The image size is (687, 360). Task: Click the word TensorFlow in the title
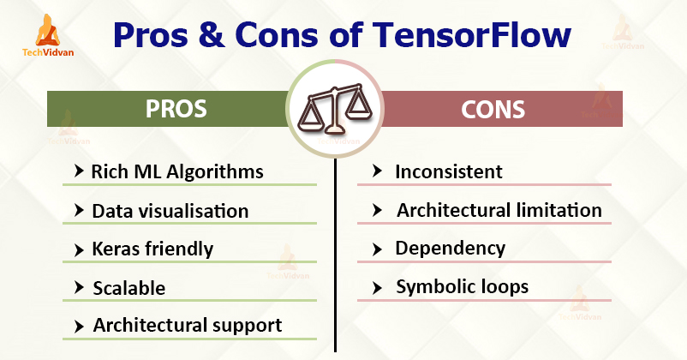pyautogui.click(x=472, y=34)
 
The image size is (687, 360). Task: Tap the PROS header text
pyautogui.click(x=176, y=109)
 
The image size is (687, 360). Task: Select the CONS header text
pyautogui.click(x=493, y=110)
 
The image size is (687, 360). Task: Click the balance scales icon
pyautogui.click(x=335, y=108)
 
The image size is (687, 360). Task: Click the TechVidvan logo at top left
pyautogui.click(x=48, y=35)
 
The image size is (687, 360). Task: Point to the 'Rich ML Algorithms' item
pyautogui.click(x=177, y=171)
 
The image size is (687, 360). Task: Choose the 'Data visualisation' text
pyautogui.click(x=170, y=211)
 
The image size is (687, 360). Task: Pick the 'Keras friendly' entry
pyautogui.click(x=152, y=249)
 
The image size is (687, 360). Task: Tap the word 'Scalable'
pyautogui.click(x=129, y=288)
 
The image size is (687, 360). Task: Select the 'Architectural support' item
pyautogui.click(x=188, y=326)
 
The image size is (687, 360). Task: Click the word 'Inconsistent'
pyautogui.click(x=449, y=171)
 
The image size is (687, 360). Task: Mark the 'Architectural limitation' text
pyautogui.click(x=499, y=210)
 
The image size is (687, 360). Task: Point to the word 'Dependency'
pyautogui.click(x=450, y=249)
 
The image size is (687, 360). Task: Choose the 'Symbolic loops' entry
pyautogui.click(x=463, y=287)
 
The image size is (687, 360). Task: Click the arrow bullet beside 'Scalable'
pyautogui.click(x=79, y=288)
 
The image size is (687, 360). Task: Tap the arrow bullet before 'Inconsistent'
pyautogui.click(x=377, y=171)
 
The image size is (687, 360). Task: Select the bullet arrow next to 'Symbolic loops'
pyautogui.click(x=377, y=288)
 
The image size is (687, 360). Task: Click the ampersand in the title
pyautogui.click(x=212, y=34)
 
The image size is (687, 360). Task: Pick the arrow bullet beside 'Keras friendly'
pyautogui.click(x=79, y=250)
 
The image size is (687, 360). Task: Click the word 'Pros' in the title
pyautogui.click(x=151, y=34)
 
